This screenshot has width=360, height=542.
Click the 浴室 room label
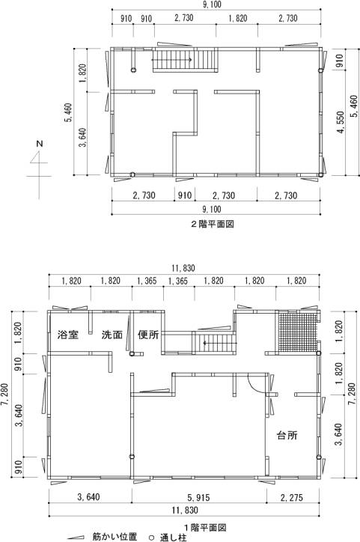click(x=68, y=335)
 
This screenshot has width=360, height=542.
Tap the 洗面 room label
click(x=112, y=335)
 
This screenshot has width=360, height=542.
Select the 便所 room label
click(x=148, y=335)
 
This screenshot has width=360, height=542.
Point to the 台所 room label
click(x=287, y=435)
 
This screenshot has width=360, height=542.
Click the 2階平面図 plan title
click(x=213, y=224)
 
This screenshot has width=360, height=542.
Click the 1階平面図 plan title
click(x=205, y=528)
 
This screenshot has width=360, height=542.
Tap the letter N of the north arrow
click(x=40, y=143)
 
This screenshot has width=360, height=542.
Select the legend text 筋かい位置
click(x=115, y=537)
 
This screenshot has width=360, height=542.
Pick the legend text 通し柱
click(x=173, y=538)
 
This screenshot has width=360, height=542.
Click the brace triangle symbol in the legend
click(x=76, y=538)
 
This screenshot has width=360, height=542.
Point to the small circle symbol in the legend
click(x=151, y=538)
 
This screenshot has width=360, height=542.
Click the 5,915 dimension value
click(x=198, y=497)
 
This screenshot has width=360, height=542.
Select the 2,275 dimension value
click(x=292, y=497)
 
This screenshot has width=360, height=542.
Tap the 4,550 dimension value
click(x=341, y=122)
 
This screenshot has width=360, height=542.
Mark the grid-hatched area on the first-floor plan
click(x=297, y=332)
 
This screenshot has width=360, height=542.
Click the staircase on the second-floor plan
click(x=185, y=61)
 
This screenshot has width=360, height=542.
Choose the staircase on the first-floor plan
click(x=214, y=342)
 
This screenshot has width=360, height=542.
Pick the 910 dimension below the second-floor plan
click(x=185, y=195)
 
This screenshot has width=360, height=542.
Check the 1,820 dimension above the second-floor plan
click(x=237, y=18)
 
